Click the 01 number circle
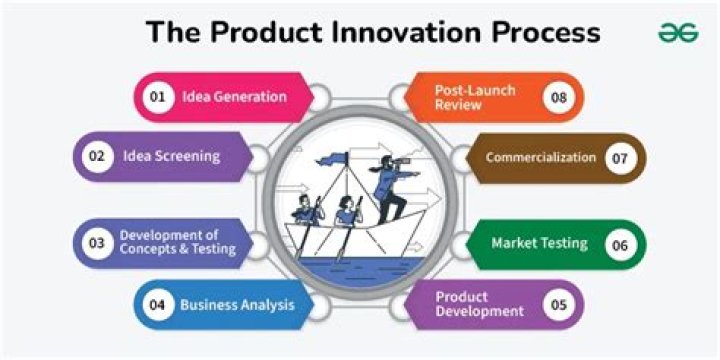157,97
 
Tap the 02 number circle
97,156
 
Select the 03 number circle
97,243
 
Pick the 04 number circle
157,305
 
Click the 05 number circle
559,305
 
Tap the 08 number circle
559,97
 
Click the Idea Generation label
234,97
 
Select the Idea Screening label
171,156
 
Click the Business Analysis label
237,305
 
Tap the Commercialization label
540,158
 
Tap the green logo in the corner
677,32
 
